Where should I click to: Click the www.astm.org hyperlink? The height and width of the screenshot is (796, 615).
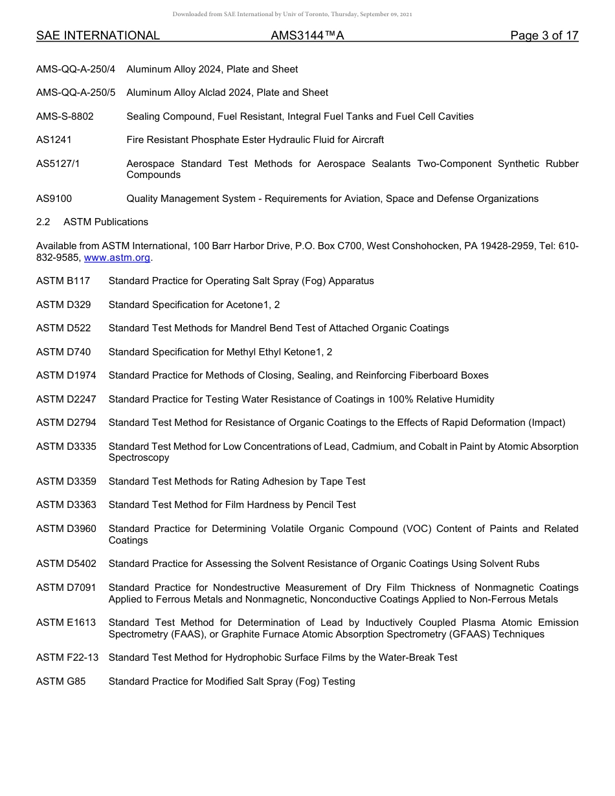coord(117,258)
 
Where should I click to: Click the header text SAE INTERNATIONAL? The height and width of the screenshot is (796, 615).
coord(98,36)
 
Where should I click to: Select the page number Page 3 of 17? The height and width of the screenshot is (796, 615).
coord(544,36)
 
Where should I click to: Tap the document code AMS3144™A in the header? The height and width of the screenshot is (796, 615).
coord(307,36)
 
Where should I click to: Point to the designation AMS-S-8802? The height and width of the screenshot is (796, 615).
coord(65,116)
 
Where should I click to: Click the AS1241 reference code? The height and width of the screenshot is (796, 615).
coord(54,140)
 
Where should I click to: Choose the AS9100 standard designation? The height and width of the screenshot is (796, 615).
coord(54,199)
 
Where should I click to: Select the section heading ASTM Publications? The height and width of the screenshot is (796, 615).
coord(106,222)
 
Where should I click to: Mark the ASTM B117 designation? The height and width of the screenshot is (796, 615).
coord(63,281)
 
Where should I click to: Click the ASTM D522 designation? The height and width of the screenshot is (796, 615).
coord(63,328)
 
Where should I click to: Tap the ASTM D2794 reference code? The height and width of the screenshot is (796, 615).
coord(66,423)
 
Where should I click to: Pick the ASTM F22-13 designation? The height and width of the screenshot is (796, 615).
coord(67,658)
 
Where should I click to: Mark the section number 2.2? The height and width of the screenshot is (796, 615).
coord(43,222)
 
